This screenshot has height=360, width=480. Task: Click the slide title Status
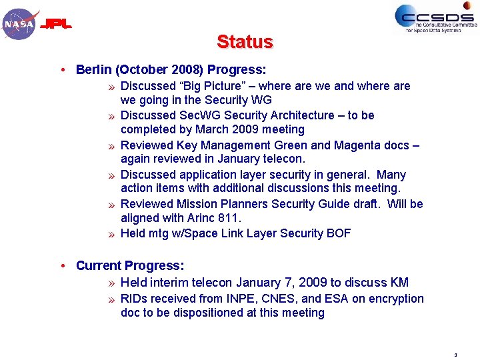[245, 42]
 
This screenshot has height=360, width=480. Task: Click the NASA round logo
[19, 25]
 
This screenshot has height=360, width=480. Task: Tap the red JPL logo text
[57, 25]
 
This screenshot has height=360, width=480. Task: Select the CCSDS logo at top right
[435, 18]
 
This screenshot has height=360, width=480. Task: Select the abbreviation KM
[400, 283]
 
